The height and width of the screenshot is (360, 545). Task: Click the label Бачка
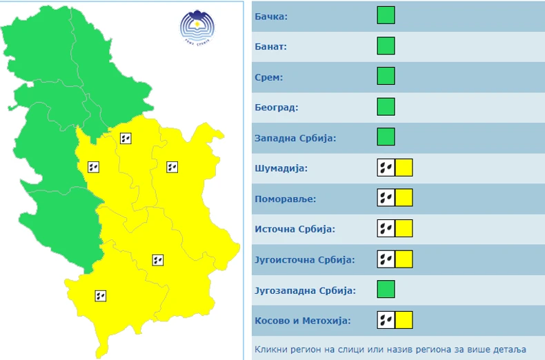coord(272,17)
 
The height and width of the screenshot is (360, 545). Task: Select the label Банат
coord(271,47)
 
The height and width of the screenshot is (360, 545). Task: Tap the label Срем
coord(268,77)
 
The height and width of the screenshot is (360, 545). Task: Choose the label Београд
coord(276,108)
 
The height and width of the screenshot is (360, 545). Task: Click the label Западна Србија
coord(295,138)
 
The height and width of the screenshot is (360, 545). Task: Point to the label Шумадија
coord(280,168)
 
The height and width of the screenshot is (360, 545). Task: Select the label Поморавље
coord(285,199)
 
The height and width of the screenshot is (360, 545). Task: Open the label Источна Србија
coord(293,229)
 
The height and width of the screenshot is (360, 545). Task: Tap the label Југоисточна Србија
coord(304,259)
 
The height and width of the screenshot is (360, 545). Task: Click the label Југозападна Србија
coord(305,290)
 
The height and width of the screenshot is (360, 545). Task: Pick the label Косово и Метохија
coord(302,320)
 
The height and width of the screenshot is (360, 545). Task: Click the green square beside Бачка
coord(386,15)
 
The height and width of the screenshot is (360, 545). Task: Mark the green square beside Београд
coord(386,107)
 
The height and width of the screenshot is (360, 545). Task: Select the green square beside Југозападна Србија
coord(386,289)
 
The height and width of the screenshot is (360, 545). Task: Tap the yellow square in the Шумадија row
coord(404,168)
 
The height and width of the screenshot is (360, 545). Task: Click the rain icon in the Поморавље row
coord(386,198)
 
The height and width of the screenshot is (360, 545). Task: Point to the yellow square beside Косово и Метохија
coord(404,319)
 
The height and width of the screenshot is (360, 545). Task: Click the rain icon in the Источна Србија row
coord(386,228)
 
